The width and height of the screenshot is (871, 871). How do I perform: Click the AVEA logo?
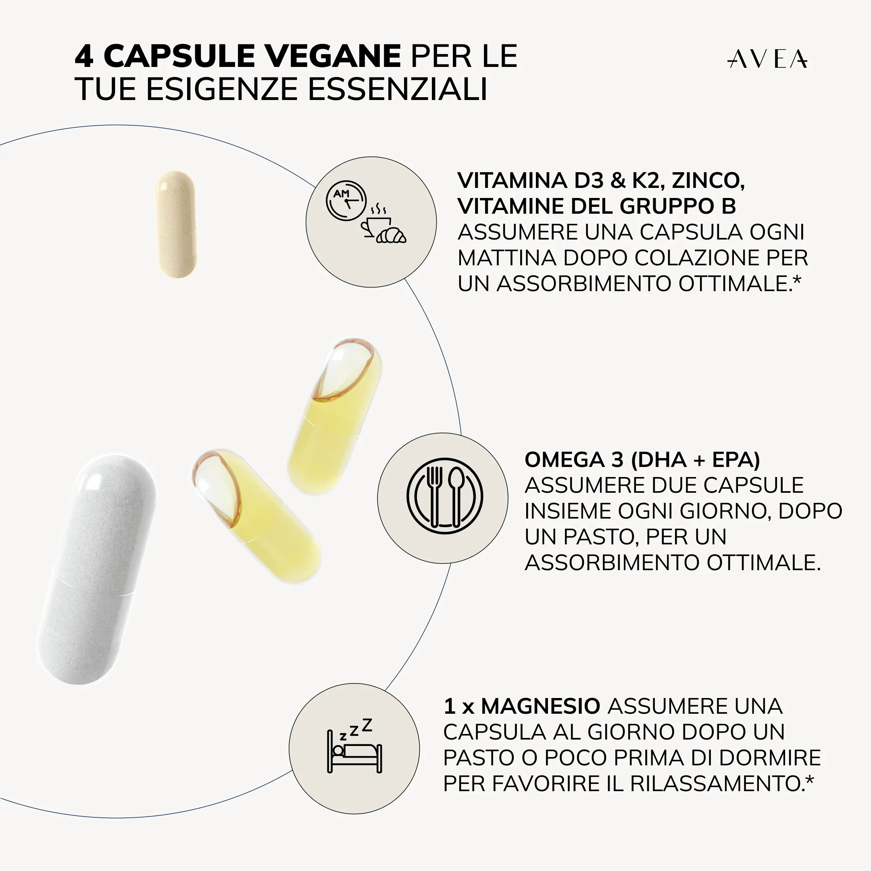click(x=767, y=59)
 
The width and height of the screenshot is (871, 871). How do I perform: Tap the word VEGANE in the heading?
click(x=333, y=56)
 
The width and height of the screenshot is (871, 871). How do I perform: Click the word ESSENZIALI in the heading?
click(x=398, y=89)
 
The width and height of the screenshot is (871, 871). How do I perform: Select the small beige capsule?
click(x=176, y=224)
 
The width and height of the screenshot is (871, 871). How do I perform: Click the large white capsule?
click(x=97, y=569)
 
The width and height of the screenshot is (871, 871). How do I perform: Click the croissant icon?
click(x=391, y=235)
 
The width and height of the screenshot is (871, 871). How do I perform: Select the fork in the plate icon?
click(x=434, y=496)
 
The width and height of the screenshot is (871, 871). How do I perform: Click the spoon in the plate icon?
click(x=456, y=496)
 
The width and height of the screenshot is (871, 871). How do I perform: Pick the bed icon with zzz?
click(x=354, y=745)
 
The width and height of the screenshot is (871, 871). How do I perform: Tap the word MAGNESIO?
click(x=540, y=706)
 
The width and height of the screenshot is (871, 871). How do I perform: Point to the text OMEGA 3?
click(x=574, y=460)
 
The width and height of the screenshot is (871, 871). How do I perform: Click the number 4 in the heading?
click(x=84, y=56)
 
